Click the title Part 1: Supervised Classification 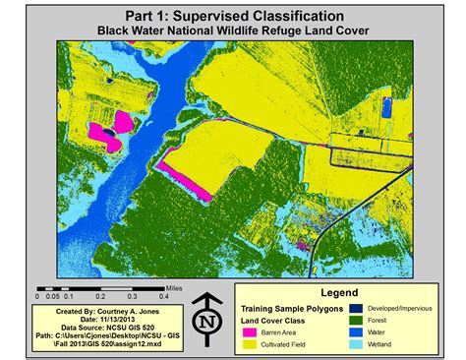click(x=234, y=17)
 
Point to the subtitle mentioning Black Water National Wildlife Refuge click(x=234, y=31)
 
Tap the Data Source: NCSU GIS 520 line click(x=100, y=326)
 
